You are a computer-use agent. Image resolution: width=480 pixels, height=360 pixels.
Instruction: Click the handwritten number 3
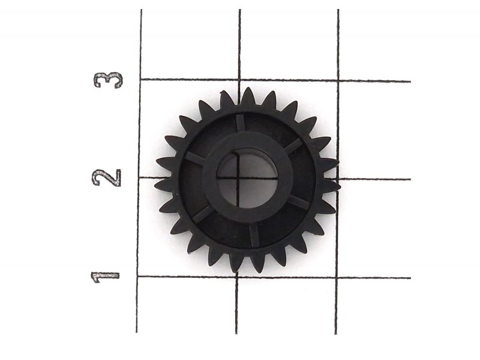pos(109,80)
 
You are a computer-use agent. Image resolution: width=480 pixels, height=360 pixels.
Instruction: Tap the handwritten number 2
pos(107,178)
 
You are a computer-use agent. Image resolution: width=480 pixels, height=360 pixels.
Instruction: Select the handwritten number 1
pos(105,277)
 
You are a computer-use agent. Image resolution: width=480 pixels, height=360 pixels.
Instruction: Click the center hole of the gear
pos(247,178)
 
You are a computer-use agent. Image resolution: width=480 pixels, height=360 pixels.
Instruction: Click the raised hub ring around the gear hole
pos(247,178)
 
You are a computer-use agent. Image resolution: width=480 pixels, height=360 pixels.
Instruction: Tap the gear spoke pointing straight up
pos(241,123)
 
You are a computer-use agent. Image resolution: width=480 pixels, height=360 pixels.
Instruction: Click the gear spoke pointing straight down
pos(254,235)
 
